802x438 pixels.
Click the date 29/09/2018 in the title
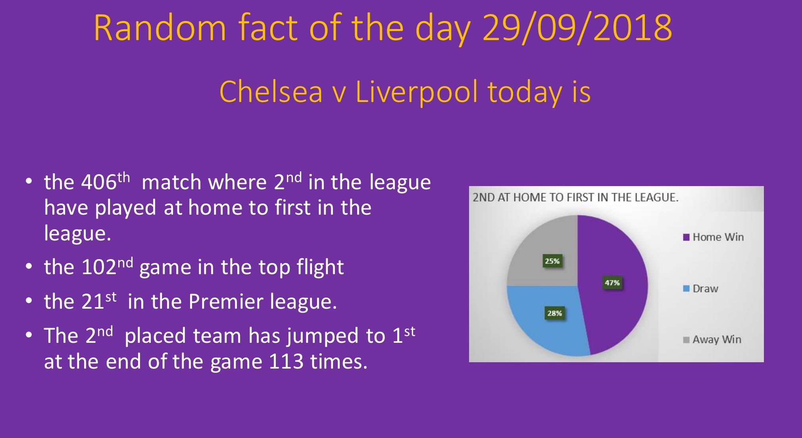[577, 28]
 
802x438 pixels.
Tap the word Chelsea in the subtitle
[271, 92]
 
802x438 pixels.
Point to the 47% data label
[612, 283]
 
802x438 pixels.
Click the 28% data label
[554, 313]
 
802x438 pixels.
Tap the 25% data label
[552, 261]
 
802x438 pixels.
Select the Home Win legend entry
[713, 237]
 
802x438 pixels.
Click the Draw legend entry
[700, 289]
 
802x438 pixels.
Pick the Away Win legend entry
[712, 340]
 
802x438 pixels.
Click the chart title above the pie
[575, 198]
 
